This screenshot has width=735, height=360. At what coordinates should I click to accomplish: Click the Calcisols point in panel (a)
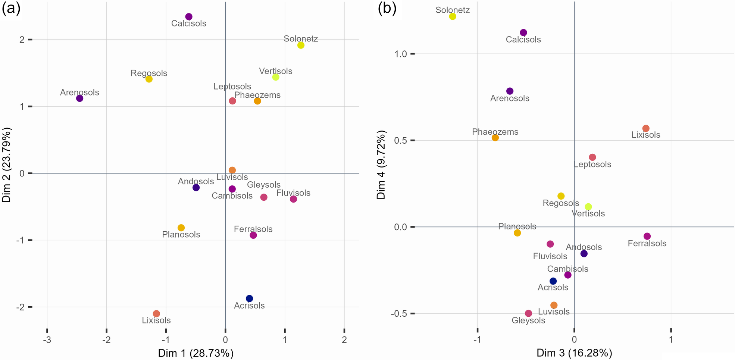point(189,17)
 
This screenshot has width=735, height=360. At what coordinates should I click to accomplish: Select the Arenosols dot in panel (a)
point(79,98)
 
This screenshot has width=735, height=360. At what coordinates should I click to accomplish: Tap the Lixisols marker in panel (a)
point(156,314)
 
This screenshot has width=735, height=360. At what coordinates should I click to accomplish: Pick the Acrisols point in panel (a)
point(249,298)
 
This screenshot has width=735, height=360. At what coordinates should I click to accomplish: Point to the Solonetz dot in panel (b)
point(453,16)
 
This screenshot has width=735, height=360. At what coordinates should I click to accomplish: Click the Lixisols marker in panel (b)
point(646,128)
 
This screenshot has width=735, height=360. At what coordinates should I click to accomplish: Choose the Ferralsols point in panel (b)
point(647,236)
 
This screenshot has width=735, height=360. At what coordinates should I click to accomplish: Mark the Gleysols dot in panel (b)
point(528,313)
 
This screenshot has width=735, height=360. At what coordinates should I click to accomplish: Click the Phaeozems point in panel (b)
point(495,138)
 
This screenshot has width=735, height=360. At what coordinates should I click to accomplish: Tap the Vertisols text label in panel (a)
point(276,71)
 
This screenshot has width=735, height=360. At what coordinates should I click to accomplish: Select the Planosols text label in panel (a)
point(181,235)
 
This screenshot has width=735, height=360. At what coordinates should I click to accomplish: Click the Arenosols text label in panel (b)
point(510,98)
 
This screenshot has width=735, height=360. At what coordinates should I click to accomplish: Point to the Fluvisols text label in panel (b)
point(550,256)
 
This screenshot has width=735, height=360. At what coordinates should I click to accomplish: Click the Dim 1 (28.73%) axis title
point(196,353)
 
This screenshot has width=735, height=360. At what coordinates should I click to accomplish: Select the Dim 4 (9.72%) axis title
point(381,165)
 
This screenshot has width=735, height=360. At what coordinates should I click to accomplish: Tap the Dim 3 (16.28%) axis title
point(574,353)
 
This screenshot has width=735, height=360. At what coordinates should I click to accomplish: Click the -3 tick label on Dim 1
point(47,340)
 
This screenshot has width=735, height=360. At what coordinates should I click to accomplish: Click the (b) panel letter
point(387,8)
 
